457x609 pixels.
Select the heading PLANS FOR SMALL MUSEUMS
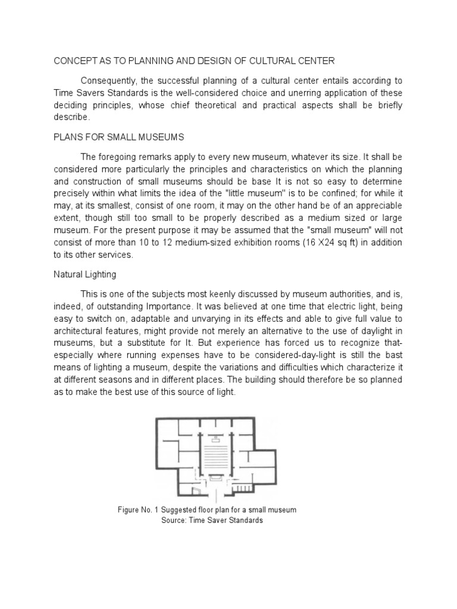119,137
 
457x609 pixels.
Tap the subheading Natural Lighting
85,275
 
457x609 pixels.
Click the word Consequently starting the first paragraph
112,80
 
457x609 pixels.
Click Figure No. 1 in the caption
143,510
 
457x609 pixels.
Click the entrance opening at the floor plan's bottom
215,494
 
